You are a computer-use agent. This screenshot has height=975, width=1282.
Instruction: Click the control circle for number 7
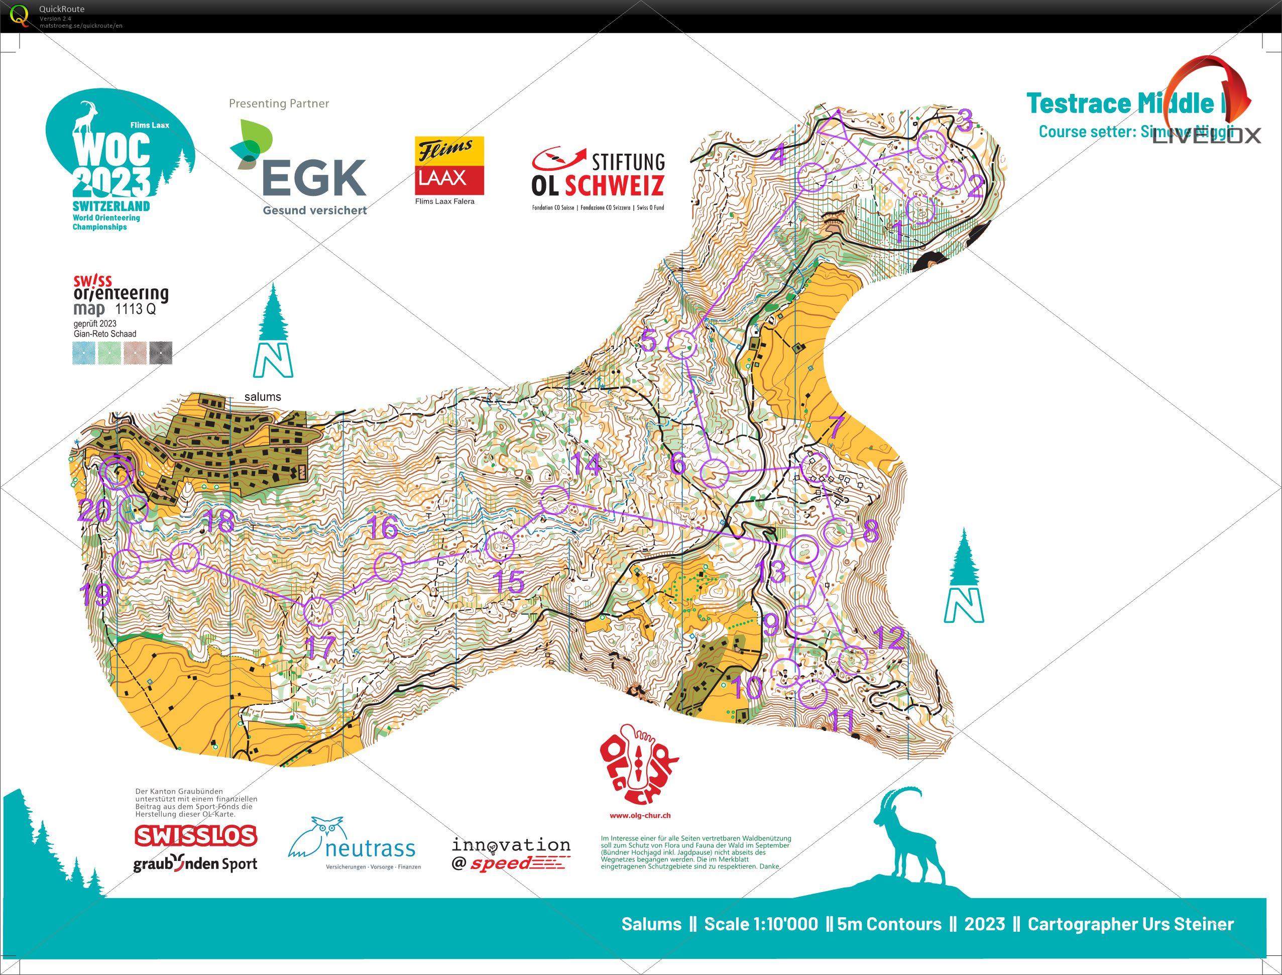(815, 467)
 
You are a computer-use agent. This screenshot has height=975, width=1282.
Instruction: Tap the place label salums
(262, 397)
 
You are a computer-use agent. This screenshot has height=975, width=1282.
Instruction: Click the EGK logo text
(315, 178)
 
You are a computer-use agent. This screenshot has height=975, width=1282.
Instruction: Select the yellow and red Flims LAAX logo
(449, 165)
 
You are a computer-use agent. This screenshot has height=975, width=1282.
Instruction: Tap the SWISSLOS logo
(195, 836)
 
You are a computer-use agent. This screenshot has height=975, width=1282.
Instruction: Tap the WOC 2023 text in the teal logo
(111, 165)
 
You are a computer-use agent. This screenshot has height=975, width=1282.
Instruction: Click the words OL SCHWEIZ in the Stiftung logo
(598, 186)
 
